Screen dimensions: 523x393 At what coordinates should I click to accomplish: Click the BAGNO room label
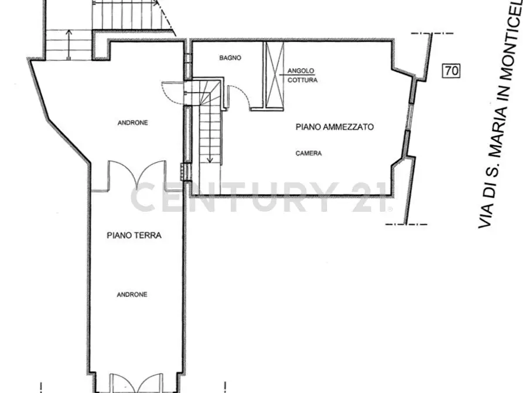click(x=230, y=58)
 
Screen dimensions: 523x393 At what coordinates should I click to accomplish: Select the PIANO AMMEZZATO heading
click(x=334, y=127)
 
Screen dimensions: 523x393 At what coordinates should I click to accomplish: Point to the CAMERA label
click(x=309, y=154)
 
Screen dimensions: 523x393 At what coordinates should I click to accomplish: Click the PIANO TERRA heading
click(x=134, y=235)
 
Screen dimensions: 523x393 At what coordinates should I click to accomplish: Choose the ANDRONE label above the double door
click(x=133, y=123)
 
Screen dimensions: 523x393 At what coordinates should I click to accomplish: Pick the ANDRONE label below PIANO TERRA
click(x=132, y=294)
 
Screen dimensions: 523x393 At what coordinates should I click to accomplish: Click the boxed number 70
click(x=451, y=71)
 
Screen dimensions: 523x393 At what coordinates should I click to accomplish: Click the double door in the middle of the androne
click(x=137, y=175)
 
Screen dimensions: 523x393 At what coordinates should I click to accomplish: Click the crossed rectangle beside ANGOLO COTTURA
click(x=274, y=74)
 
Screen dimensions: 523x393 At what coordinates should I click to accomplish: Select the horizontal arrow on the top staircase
click(x=126, y=3)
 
